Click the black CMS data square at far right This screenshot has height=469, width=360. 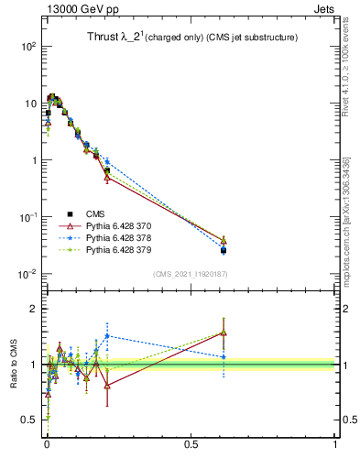pos(224,250)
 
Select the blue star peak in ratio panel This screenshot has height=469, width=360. pos(108,335)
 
